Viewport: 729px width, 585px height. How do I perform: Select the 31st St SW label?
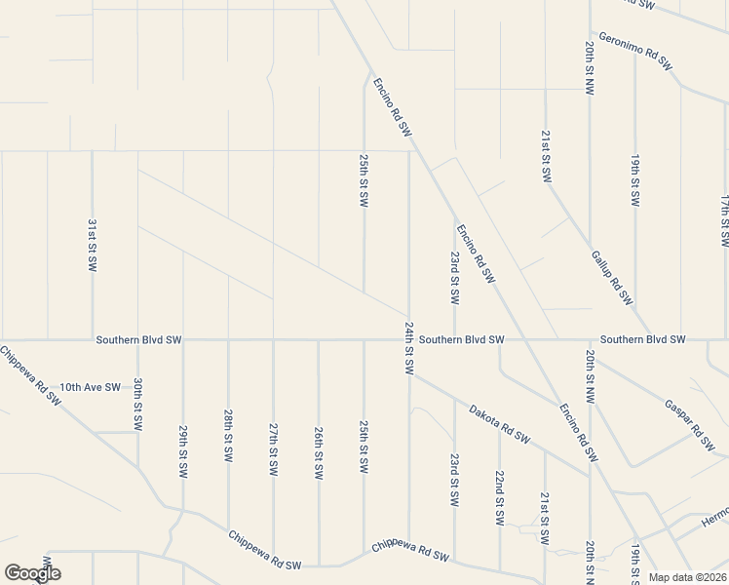tap(92, 244)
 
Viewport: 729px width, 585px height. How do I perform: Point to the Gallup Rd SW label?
tap(612, 277)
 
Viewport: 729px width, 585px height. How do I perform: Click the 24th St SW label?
tap(408, 350)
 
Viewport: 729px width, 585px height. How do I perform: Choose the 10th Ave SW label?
tap(90, 387)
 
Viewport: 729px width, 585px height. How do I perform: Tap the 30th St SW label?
tap(138, 405)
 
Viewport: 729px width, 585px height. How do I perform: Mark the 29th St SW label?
tap(183, 450)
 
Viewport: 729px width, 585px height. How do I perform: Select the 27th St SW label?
tap(274, 448)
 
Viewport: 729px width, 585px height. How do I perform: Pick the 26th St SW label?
tap(319, 452)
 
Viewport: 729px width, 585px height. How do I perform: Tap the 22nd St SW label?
tap(499, 497)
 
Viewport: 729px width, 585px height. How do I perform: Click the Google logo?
tap(32, 573)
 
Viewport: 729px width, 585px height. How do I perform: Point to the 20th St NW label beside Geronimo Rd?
tap(590, 67)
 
